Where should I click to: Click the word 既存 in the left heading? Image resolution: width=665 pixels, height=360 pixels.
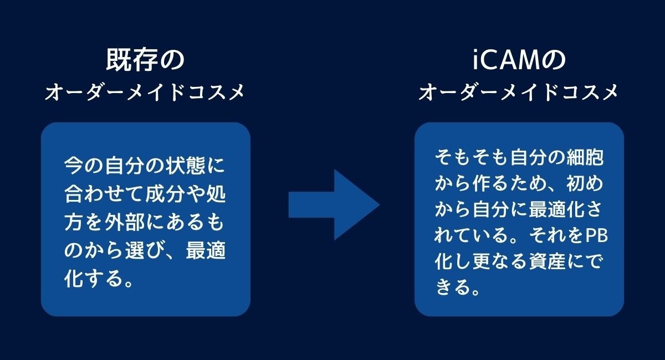126,60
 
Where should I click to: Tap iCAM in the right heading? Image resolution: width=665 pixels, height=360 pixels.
502,60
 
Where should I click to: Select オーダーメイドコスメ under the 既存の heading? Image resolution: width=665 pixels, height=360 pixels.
145,93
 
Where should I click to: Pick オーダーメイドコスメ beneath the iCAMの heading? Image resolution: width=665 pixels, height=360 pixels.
519,93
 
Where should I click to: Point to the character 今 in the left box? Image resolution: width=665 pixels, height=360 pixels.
72,165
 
